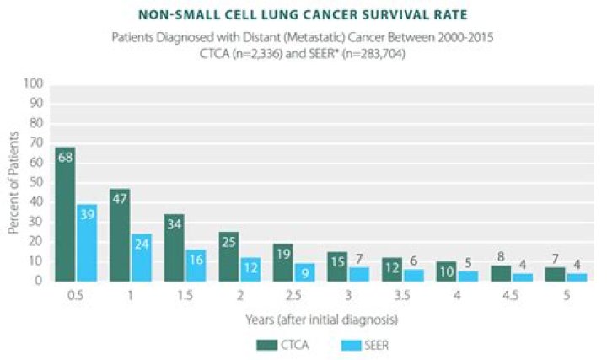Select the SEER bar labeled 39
(87, 243)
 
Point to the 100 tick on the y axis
(34, 84)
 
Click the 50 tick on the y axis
(36, 183)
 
